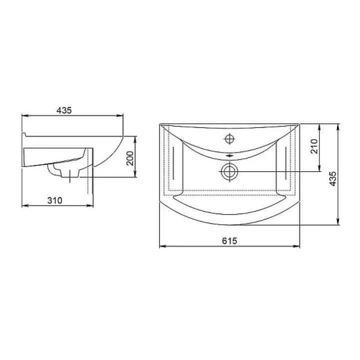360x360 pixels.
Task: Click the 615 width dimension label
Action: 229,241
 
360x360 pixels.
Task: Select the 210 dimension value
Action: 314,146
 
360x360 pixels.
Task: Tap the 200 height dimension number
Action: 130,158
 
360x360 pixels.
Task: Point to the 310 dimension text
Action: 54,200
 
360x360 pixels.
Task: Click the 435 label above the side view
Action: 64,110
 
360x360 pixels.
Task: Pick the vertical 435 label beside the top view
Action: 332,179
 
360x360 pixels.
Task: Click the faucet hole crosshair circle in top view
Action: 229,138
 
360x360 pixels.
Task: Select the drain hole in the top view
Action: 229,171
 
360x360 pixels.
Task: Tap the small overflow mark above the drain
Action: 229,156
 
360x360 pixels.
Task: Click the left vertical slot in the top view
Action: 173,163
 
